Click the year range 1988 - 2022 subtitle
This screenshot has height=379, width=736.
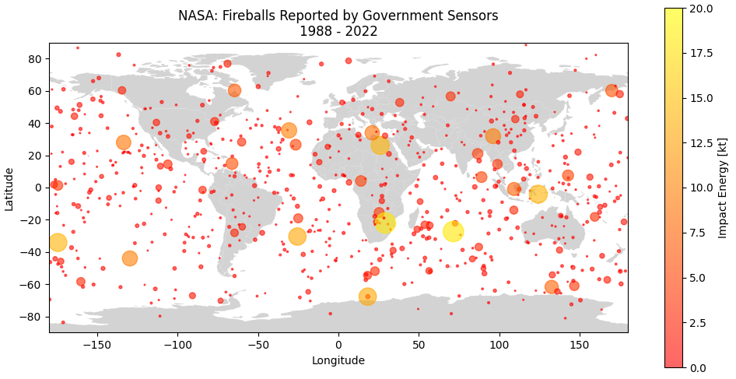click(338, 31)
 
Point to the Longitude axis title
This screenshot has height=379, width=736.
click(338, 360)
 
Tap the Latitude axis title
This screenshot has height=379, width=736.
click(9, 188)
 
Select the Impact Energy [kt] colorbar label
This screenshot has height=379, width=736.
click(723, 188)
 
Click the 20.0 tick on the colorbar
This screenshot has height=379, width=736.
click(698, 9)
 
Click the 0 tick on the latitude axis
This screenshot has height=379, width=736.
click(39, 188)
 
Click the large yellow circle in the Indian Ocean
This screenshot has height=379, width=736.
click(453, 231)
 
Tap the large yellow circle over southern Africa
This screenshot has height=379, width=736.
click(385, 223)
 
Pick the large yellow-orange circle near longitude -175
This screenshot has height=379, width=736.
click(58, 242)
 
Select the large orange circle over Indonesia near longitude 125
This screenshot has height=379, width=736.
click(538, 194)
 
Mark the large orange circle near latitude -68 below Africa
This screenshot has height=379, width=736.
click(368, 297)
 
